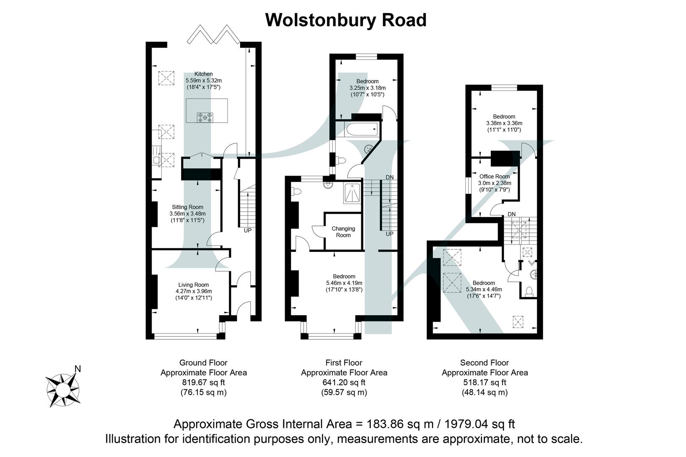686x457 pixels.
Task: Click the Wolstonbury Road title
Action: [x=346, y=20]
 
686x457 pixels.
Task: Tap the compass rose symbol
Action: [x=63, y=390]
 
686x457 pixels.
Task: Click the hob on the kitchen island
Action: [x=205, y=117]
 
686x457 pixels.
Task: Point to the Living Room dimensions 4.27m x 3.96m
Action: [x=194, y=291]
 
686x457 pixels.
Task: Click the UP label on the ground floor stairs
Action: [x=248, y=231]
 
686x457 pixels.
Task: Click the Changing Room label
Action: [x=343, y=232]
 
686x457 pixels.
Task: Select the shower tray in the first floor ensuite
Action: [x=352, y=194]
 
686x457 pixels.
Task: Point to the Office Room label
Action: [x=495, y=176]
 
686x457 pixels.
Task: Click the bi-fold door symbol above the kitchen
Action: [x=214, y=35]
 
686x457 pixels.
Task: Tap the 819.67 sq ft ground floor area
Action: [x=203, y=383]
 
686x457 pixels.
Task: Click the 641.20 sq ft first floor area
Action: [x=344, y=383]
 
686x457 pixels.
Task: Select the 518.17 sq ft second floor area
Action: [x=484, y=383]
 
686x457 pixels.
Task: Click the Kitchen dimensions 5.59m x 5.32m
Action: [x=204, y=80]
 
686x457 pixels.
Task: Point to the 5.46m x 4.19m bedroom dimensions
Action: [x=344, y=283]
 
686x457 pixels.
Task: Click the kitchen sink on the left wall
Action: [x=157, y=160]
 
